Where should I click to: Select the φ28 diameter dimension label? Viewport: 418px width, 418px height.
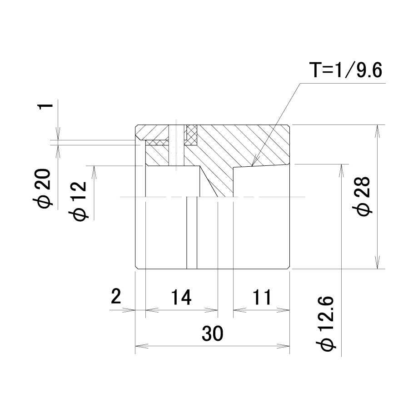pos(362,196)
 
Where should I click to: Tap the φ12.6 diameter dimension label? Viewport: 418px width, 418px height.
pos(325,323)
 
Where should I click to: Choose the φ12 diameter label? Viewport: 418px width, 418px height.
pos(78,201)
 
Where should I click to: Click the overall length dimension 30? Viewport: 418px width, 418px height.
pos(212,333)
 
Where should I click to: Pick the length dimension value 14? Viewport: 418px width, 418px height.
pos(181,297)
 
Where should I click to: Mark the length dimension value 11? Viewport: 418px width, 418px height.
pos(262,297)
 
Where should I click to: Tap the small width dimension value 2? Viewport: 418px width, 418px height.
pos(116,296)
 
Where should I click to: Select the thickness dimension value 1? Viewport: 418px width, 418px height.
pos(45,106)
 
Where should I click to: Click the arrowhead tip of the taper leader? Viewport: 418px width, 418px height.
pos(252,166)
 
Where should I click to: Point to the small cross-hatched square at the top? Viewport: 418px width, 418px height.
pos(192,135)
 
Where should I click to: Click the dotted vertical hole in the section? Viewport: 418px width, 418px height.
pos(176,144)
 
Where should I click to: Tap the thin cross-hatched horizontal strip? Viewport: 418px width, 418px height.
pos(157,143)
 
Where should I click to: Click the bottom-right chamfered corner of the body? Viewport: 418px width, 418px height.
pos(288,267)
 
